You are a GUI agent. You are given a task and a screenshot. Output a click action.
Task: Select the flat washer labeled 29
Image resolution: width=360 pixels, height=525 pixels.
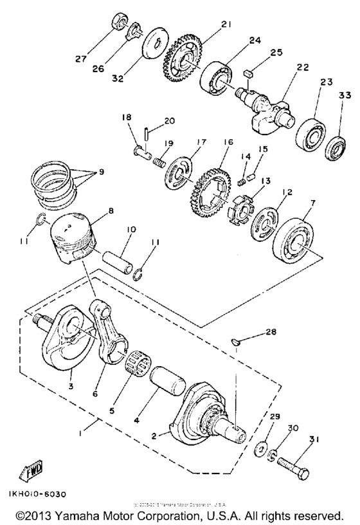pos(264,447)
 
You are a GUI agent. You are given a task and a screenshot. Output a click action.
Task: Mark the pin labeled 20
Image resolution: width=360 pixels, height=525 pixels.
pos(147,134)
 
